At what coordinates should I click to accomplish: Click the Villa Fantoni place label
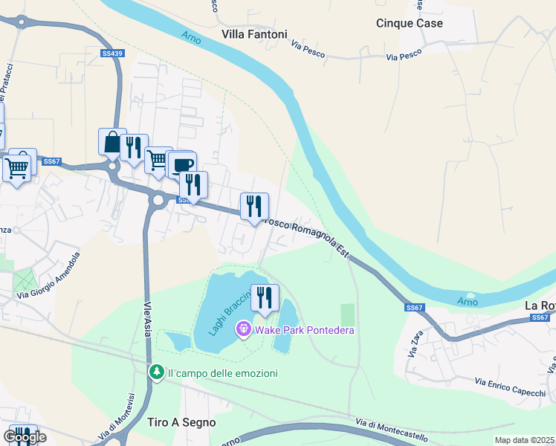(x=254, y=34)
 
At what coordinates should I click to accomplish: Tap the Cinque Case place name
(x=409, y=23)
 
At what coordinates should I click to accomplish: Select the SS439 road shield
(x=112, y=54)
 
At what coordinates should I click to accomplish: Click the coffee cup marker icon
(x=181, y=164)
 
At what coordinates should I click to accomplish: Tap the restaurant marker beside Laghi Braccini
(x=265, y=298)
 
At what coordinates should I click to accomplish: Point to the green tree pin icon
(x=156, y=372)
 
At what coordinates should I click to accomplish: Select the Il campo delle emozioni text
(x=222, y=373)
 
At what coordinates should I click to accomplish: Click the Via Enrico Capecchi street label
(x=509, y=391)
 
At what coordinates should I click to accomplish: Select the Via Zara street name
(x=414, y=345)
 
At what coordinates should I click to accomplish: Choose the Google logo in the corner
(x=24, y=437)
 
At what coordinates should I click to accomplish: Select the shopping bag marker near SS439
(x=111, y=142)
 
